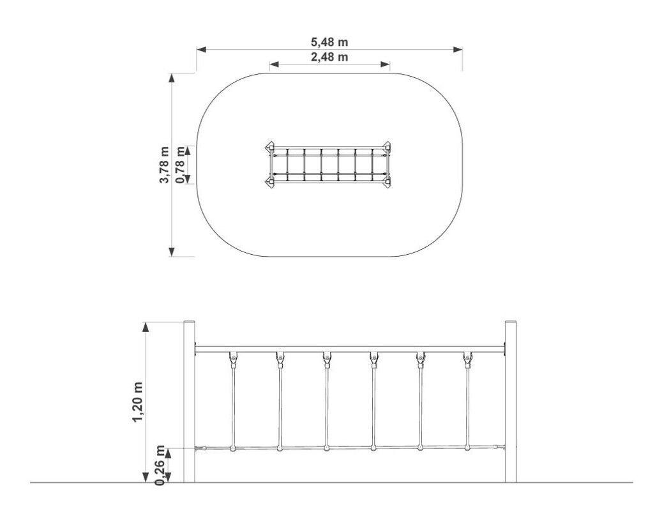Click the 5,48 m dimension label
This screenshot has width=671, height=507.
[329, 42]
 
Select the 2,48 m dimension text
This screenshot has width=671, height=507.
[329, 57]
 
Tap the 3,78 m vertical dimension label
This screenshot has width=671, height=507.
[164, 165]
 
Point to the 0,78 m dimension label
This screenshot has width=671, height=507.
[181, 165]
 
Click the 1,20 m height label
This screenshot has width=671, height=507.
[137, 402]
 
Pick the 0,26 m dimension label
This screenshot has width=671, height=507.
[160, 465]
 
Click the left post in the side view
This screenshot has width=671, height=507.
[189, 401]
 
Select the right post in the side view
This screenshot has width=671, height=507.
[511, 401]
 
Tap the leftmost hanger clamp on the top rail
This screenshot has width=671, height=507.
[233, 359]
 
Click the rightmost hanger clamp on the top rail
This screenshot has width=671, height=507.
[467, 359]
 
